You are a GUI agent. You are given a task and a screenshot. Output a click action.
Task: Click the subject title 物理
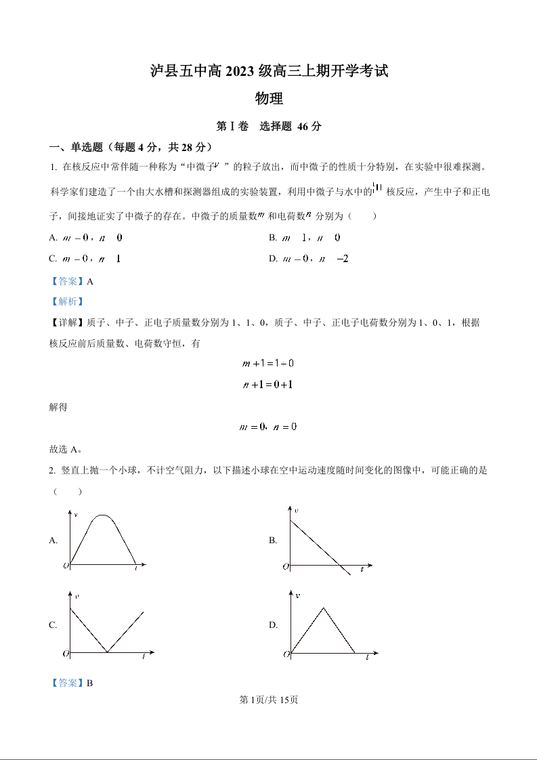tap(268, 99)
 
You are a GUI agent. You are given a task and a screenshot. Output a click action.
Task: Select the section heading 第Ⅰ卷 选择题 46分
tap(268, 127)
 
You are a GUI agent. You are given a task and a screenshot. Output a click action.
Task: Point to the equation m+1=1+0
tap(268, 363)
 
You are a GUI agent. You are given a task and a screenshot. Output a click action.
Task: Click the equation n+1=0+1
tap(268, 384)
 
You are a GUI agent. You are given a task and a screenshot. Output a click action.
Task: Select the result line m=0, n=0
tap(268, 427)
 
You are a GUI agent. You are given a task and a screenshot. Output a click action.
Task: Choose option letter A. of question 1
tap(53, 238)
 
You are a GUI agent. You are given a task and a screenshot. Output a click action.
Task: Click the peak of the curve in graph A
tap(102, 516)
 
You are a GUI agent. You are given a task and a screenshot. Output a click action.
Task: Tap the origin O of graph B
tap(286, 566)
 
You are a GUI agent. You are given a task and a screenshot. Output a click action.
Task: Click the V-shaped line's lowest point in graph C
tap(107, 652)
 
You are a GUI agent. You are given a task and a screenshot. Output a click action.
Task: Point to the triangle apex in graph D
tap(323, 608)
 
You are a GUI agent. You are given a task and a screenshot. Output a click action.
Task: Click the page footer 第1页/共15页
tap(268, 700)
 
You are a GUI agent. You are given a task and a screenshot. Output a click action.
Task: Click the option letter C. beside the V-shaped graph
tap(53, 625)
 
